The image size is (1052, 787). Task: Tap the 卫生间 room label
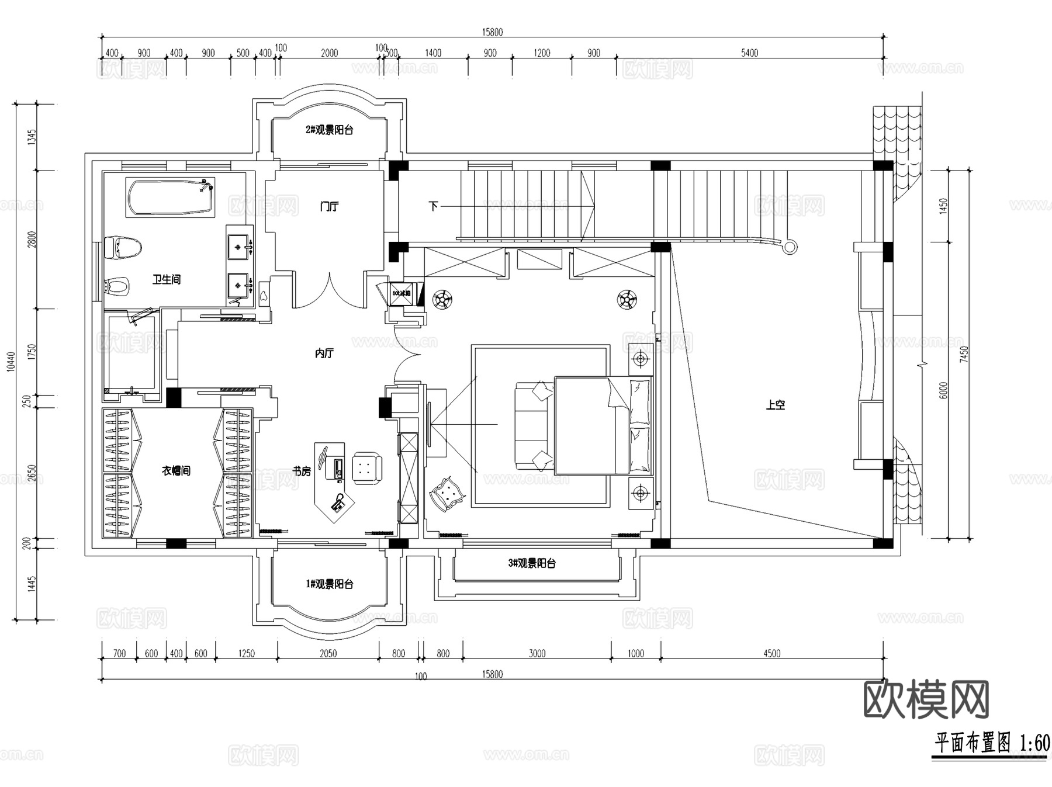click(167, 280)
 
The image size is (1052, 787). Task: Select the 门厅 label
click(329, 206)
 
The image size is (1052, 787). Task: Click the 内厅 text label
click(324, 353)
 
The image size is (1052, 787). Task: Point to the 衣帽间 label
click(176, 470)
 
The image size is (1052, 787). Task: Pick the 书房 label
click(302, 471)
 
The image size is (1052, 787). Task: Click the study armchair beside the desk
click(367, 467)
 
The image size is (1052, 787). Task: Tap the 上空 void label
click(776, 405)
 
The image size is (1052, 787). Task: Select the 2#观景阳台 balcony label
click(329, 130)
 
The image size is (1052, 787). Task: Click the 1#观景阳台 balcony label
click(329, 584)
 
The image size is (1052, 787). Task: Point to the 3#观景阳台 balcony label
click(531, 563)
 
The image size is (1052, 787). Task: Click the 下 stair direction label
click(433, 206)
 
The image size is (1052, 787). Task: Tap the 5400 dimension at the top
click(749, 53)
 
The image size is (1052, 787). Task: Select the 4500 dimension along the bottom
click(771, 653)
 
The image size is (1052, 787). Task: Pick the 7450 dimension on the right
click(964, 354)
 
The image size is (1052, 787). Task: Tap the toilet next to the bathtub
click(123, 248)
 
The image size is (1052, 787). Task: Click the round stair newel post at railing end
click(790, 247)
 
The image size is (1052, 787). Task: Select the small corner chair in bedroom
click(447, 494)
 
